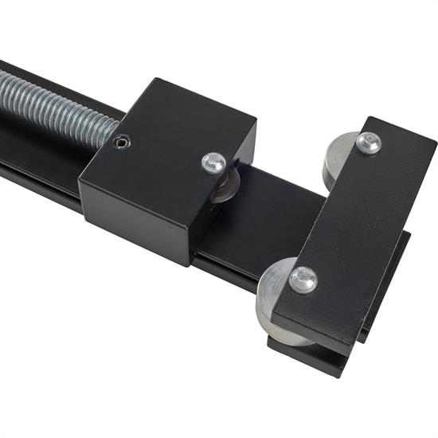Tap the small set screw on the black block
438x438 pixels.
pos(121,142)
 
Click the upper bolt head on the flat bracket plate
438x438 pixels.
pos(368,143)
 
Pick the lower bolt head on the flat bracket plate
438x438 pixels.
pos(303,279)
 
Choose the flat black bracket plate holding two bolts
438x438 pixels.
pos(350,231)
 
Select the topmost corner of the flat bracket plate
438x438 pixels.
pos(371,119)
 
